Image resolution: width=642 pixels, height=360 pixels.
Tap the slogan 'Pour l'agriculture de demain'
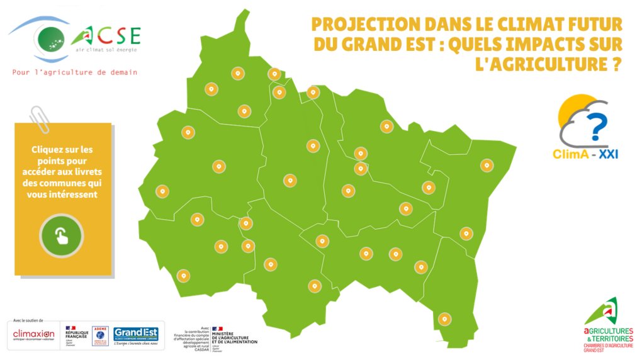(x=75, y=72)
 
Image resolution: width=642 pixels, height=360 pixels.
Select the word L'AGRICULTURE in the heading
(x=548, y=64)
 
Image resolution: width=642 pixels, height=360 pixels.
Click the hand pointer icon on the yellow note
(x=62, y=236)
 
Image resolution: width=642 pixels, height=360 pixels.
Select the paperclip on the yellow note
(x=40, y=120)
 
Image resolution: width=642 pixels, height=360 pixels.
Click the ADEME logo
(x=99, y=335)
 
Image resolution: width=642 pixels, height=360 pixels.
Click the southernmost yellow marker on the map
(x=445, y=318)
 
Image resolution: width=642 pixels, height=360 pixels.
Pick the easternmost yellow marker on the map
(x=486, y=166)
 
